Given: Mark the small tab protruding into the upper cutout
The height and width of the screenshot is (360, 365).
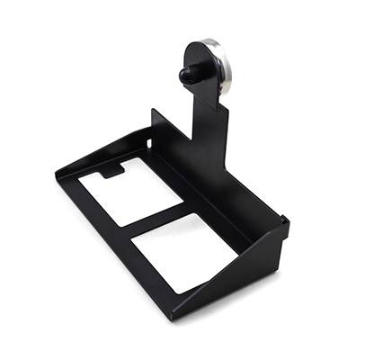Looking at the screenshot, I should tap(111, 169).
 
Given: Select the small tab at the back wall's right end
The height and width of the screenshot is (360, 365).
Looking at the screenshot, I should tap(284, 219).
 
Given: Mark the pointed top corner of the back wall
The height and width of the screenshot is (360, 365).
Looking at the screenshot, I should tap(153, 111).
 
